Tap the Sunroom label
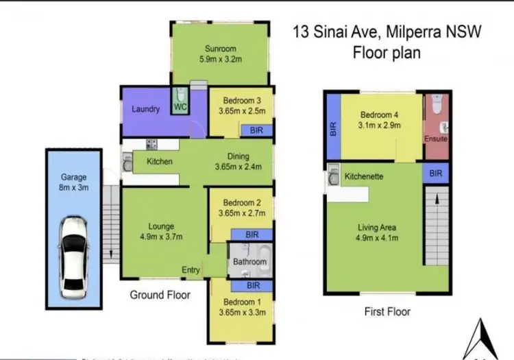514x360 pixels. tap(220, 49)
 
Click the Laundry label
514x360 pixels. tap(147, 109)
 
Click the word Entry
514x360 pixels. tap(191, 270)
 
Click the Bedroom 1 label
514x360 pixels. tap(240, 302)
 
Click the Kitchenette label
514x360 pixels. tap(364, 177)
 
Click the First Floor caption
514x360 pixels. tap(387, 312)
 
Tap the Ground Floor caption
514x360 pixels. tap(160, 295)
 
